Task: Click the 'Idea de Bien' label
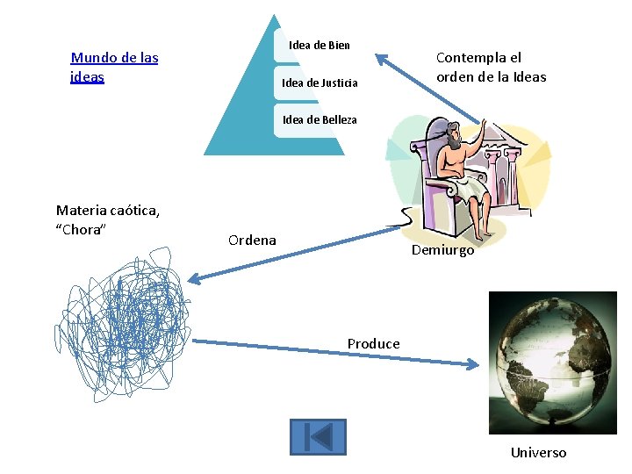tap(320, 45)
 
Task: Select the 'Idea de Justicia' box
tap(320, 83)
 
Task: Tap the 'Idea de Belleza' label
tap(320, 119)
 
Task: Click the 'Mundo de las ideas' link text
tap(114, 67)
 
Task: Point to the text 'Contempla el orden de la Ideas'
tap(491, 67)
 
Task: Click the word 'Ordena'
tap(252, 240)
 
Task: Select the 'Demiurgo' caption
tap(443, 250)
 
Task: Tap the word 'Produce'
tap(373, 343)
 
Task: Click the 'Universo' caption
tap(538, 453)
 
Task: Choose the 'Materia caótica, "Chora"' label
tap(107, 219)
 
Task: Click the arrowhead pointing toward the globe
tap(474, 363)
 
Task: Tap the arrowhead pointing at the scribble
tap(195, 280)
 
